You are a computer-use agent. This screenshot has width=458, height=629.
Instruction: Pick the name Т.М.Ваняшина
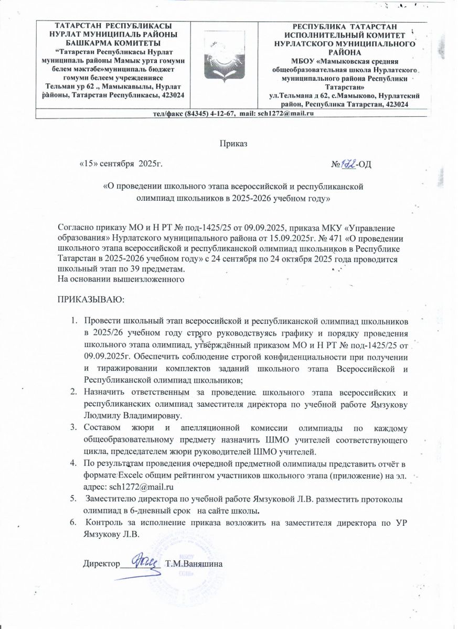[x=194, y=564]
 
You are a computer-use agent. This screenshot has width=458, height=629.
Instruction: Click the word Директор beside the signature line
[x=99, y=564]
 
